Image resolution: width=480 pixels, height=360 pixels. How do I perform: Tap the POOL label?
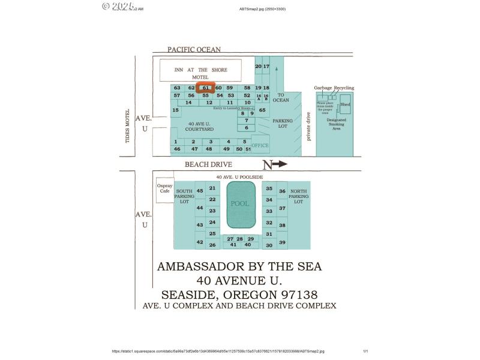tap(241, 204)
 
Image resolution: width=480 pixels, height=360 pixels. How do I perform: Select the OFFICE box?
tap(260, 145)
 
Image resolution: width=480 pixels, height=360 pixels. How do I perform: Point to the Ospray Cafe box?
tap(164, 188)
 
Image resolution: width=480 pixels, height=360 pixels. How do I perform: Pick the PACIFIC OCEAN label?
tap(194, 50)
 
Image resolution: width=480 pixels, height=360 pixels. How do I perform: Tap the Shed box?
tap(345, 105)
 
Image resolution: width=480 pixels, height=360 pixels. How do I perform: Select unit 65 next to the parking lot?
tap(262, 110)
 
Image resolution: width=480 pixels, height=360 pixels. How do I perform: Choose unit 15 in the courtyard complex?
tap(175, 110)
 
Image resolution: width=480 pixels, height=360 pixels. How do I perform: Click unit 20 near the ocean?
tap(259, 66)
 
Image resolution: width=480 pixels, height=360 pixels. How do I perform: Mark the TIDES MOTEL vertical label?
tap(128, 126)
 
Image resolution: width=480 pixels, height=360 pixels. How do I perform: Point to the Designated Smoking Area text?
tap(337, 124)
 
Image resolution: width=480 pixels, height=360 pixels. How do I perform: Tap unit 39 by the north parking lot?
tap(282, 242)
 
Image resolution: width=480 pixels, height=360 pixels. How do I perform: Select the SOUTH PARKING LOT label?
tap(184, 196)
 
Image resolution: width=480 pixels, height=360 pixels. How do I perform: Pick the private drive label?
tap(308, 126)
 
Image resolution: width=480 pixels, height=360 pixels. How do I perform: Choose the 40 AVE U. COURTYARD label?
tap(200, 126)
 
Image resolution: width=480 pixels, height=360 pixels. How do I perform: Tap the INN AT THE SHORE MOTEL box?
tap(200, 71)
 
